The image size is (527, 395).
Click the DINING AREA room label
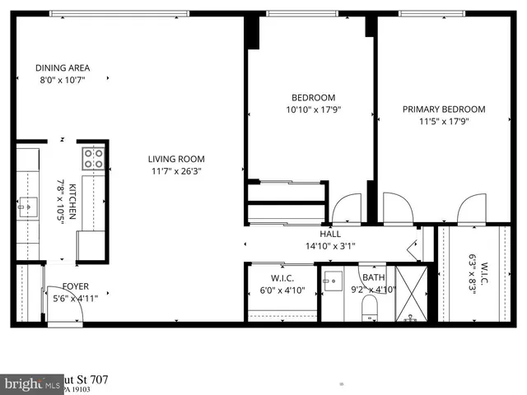coord(63,67)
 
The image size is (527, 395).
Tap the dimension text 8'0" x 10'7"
coord(63,80)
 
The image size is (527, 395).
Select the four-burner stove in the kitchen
coord(92,158)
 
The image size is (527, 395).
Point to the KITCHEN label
coord(72,201)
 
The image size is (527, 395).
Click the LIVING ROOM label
coord(176,159)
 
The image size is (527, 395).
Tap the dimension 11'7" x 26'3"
coord(176,171)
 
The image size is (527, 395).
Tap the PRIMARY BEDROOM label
coord(443,109)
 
